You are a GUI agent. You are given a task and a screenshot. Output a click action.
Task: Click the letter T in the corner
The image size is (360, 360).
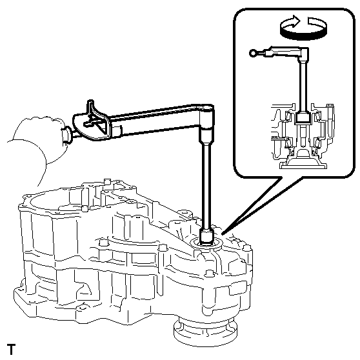(x=11, y=349)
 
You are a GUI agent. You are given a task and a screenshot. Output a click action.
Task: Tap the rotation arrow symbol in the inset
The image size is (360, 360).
(x=303, y=28)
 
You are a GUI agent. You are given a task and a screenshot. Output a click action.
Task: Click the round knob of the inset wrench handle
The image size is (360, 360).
(x=253, y=54)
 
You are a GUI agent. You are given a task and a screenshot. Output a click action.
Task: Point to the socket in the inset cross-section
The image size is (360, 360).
(x=303, y=117)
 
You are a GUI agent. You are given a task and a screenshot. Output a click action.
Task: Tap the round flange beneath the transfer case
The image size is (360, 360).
(x=205, y=332)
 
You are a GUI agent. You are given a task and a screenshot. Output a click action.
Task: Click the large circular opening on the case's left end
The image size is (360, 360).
(x=50, y=202)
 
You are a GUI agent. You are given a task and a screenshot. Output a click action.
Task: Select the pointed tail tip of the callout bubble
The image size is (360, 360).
(x=222, y=234)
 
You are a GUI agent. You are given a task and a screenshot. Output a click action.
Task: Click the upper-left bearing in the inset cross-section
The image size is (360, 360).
(x=288, y=117)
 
